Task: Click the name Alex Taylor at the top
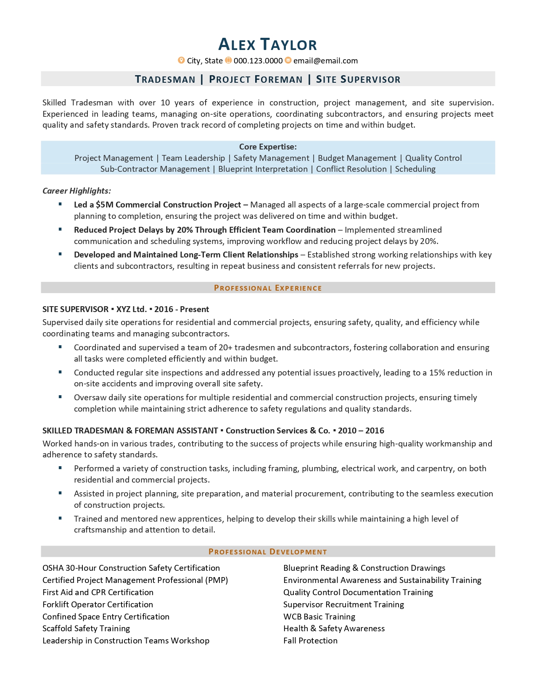point(268,45)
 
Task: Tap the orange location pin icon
point(181,60)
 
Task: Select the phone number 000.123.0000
point(258,61)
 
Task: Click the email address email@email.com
point(325,61)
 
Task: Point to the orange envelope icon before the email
point(288,60)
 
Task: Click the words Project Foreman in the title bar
point(256,79)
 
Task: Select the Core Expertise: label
point(268,147)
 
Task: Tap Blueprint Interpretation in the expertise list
point(263,169)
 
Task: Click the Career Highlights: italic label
point(77,191)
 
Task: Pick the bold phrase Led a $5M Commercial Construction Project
point(157,205)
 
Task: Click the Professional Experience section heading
point(268,288)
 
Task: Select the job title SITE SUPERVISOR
point(75,309)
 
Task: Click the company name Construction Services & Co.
point(278,430)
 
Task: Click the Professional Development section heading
point(268,551)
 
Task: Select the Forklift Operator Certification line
point(98,604)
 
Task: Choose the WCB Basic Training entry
point(319,617)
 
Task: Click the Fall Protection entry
point(310,640)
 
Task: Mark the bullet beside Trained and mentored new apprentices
point(61,518)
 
